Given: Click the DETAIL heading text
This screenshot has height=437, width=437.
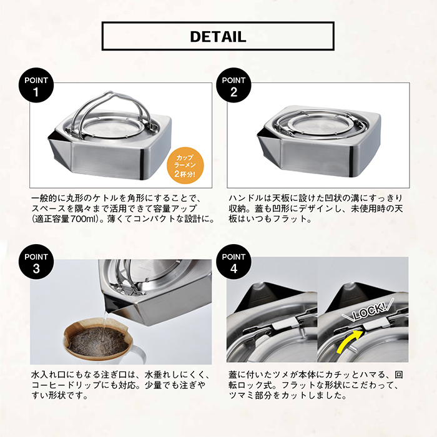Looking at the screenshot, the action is coord(218,36).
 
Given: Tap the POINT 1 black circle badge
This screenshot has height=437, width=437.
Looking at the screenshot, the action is coord(36,86).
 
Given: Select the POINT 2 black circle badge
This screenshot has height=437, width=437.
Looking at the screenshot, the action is coord(233,86).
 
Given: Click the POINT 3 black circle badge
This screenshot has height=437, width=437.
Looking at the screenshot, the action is coord(36,262).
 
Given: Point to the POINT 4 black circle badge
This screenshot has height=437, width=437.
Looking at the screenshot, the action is coord(233,262).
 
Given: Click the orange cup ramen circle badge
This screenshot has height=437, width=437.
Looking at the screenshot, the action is coord(185,165).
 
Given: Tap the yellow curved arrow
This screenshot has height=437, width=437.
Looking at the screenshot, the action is coord(349,341).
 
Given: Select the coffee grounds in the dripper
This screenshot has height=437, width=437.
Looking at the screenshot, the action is coord(99,341).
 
